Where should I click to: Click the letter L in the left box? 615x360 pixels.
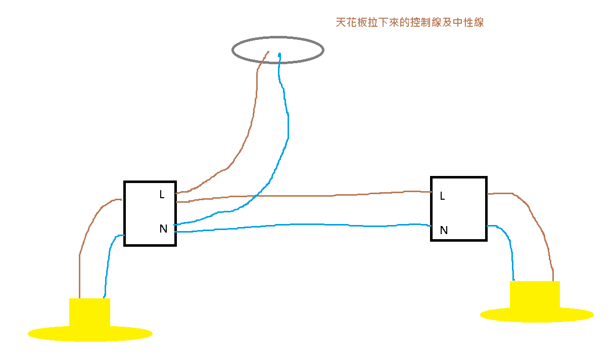tap(162, 194)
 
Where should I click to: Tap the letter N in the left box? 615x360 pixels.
tap(163, 229)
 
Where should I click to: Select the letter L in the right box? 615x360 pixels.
tap(443, 196)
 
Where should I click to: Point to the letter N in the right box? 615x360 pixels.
tap(444, 231)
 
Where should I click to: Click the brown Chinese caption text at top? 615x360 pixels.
tap(409, 23)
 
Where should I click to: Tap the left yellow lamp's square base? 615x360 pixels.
tap(89, 312)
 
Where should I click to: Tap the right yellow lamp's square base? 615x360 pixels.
tap(535, 294)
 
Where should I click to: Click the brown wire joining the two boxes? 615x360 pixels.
tap(303, 196)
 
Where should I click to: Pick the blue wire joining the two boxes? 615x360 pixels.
tap(303, 224)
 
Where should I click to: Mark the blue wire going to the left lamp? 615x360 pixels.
tap(106, 273)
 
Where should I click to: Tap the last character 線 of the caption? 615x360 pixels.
tap(478, 23)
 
